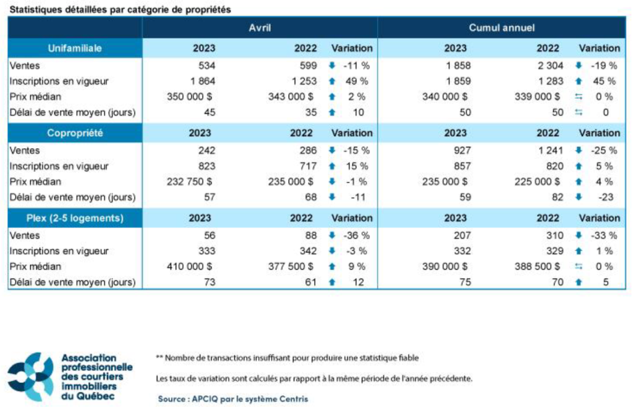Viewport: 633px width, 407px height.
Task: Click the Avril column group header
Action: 260,28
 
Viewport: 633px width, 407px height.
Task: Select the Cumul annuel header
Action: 501,28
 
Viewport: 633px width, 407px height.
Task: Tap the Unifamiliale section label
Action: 75,48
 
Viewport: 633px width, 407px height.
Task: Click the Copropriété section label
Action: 75,133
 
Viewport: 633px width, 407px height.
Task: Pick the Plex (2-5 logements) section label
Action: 75,218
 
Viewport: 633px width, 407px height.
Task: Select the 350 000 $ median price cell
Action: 190,96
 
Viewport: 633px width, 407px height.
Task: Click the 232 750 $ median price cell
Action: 190,182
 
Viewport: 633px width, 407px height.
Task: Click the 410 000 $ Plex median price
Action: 190,266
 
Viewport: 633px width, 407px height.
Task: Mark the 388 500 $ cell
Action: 537,266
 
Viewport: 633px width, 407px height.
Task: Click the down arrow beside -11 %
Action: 331,65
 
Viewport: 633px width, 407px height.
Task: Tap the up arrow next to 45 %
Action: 577,81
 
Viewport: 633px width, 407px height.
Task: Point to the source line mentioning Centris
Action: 233,399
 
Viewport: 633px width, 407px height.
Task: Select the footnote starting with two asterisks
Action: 287,358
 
